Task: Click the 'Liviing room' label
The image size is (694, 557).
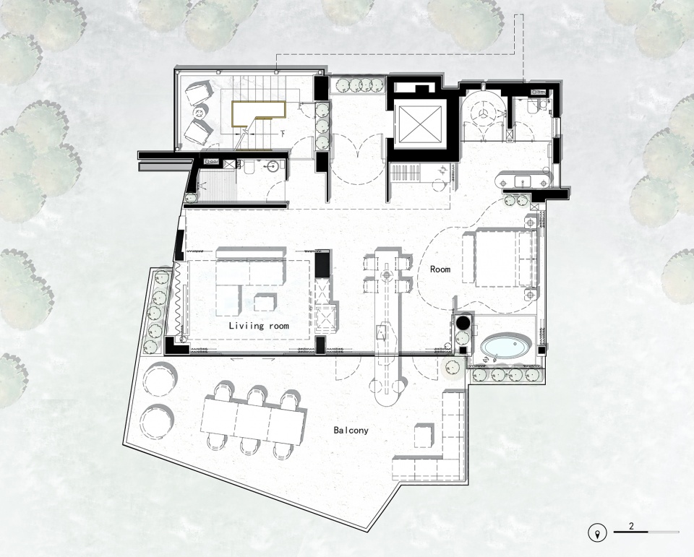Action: (259, 326)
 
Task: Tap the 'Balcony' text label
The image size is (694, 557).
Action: (351, 430)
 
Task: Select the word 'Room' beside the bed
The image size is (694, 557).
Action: (440, 269)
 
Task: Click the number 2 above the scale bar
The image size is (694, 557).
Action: (631, 527)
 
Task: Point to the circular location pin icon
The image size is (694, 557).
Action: (598, 532)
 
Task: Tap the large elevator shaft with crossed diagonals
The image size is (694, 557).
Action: (420, 125)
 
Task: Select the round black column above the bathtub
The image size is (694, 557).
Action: (463, 322)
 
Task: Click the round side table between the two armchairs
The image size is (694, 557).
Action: (200, 112)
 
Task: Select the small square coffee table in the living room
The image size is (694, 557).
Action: (265, 303)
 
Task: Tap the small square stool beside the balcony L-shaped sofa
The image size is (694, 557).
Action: (423, 436)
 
